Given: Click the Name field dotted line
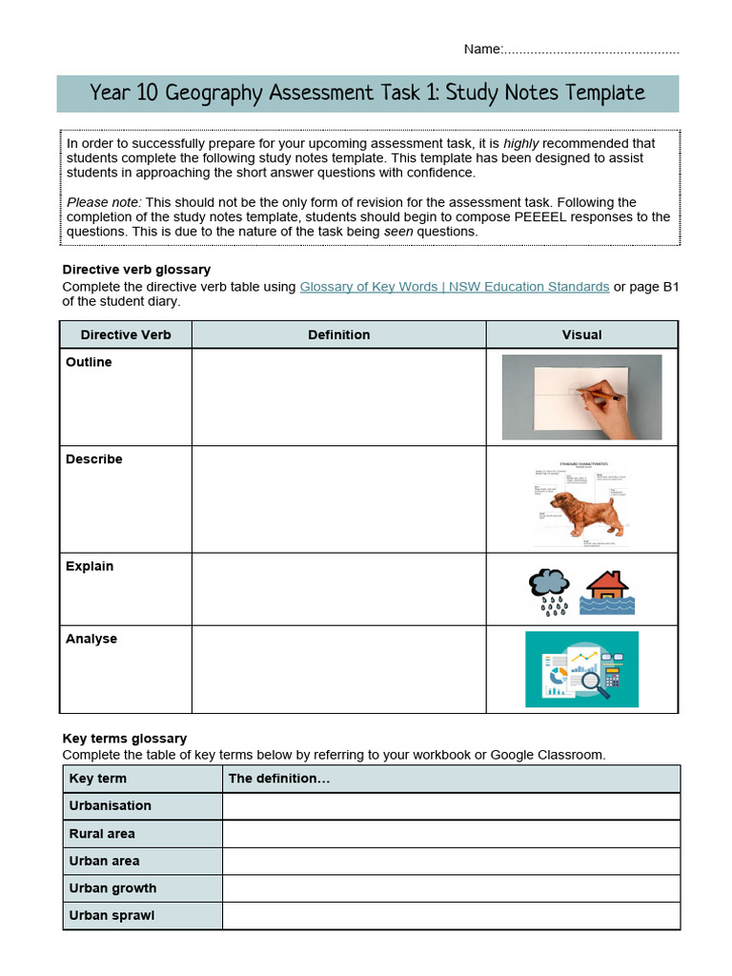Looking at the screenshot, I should [590, 50].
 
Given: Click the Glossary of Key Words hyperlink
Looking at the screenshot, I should [454, 287].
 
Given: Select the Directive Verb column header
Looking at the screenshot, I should [126, 335].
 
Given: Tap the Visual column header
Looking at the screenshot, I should [581, 335].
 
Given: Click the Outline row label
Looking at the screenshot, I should [89, 362].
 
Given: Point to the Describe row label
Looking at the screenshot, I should [94, 459].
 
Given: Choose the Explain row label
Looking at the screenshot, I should [90, 566].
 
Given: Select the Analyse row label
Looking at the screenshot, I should [91, 639].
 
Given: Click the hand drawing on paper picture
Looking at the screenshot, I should [581, 396].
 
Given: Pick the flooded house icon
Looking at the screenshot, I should [606, 592].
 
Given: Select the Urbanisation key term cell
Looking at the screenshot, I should [111, 805].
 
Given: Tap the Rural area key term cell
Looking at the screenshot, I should [102, 833].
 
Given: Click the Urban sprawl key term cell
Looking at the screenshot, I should [112, 915].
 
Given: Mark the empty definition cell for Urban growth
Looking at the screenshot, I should [451, 888].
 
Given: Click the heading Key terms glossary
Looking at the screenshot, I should [124, 739].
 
